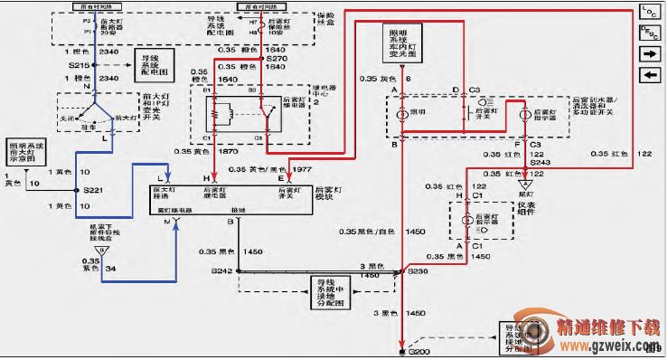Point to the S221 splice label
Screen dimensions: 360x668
pos(93,191)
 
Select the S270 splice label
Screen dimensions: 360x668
pos(276,58)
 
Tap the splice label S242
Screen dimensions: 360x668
pos(221,270)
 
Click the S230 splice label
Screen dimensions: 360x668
pos(418,270)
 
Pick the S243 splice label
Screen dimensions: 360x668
pos(541,161)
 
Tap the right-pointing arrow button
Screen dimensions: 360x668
pos(647,53)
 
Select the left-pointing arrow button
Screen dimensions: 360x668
pos(647,73)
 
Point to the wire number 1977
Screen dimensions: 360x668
pos(302,168)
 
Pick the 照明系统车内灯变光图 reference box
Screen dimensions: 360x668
pos(399,43)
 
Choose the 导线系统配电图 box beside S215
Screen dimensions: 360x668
pos(154,65)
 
